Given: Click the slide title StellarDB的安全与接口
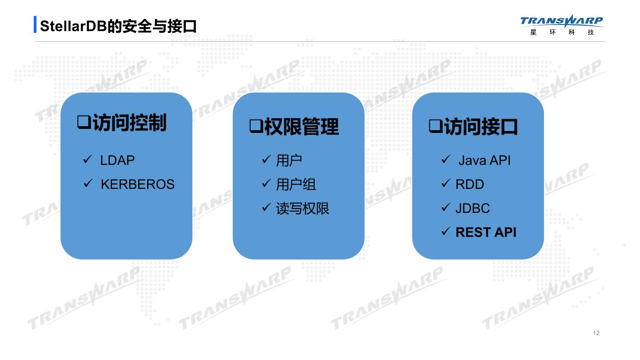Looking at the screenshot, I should click(x=118, y=26).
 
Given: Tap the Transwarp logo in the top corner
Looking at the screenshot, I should click(x=562, y=25).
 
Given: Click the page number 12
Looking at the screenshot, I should click(x=596, y=333).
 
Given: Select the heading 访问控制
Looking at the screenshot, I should click(x=129, y=123).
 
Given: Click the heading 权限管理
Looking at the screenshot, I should click(x=301, y=127).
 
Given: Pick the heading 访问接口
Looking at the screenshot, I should click(x=481, y=127).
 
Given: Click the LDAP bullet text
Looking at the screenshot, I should click(x=117, y=160).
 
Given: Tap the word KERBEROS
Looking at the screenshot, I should click(x=138, y=184).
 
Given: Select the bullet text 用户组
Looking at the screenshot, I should click(x=296, y=184).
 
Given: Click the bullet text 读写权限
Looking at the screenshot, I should click(x=303, y=208).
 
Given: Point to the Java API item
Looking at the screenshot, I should click(x=484, y=160).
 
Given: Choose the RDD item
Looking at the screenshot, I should click(x=470, y=184).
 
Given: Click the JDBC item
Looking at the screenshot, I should click(x=472, y=208).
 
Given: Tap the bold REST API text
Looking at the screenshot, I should click(x=486, y=232).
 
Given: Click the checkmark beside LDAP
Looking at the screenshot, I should click(x=88, y=160).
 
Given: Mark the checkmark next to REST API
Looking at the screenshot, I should click(x=446, y=232).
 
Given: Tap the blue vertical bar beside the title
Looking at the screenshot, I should click(x=35, y=25).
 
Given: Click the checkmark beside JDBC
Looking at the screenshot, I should click(x=446, y=208).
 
